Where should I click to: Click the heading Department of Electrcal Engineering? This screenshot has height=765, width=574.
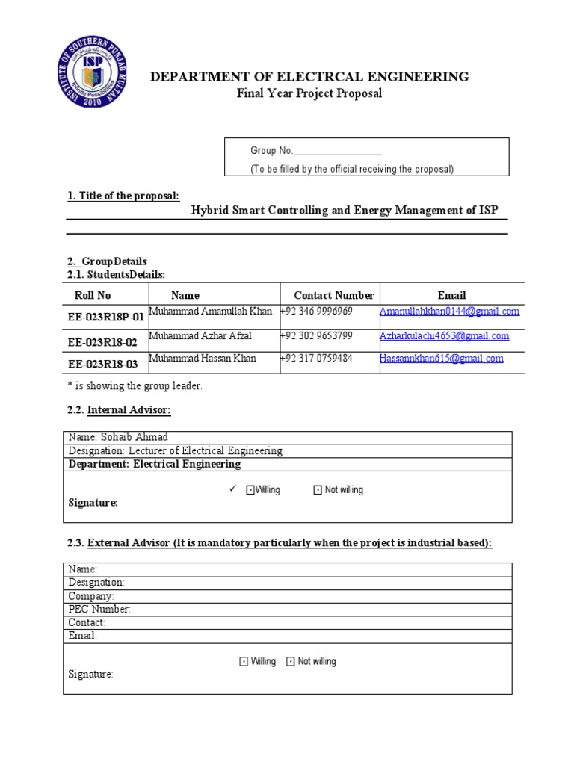(x=309, y=76)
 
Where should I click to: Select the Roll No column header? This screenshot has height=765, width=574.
(x=93, y=295)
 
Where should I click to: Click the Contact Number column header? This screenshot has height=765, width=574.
(x=333, y=295)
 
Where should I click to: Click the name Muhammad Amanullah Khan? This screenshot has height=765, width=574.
(x=212, y=311)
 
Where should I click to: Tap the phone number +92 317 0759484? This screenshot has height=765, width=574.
(x=316, y=359)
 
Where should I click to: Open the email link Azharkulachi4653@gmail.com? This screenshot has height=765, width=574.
(x=444, y=335)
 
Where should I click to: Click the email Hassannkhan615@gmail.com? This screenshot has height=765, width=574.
(x=441, y=359)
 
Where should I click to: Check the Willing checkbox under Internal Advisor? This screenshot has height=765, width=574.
(x=250, y=490)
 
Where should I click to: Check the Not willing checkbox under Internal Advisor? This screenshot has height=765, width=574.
(x=317, y=490)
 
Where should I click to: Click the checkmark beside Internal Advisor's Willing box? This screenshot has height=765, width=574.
(x=232, y=489)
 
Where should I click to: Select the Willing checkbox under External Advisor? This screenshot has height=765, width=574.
(x=244, y=662)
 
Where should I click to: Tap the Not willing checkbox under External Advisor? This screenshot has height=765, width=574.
(x=291, y=662)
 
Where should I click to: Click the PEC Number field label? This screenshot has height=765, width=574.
(x=99, y=609)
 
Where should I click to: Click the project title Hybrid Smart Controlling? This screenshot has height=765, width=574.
(x=344, y=211)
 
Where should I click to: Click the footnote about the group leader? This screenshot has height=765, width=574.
(x=135, y=386)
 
